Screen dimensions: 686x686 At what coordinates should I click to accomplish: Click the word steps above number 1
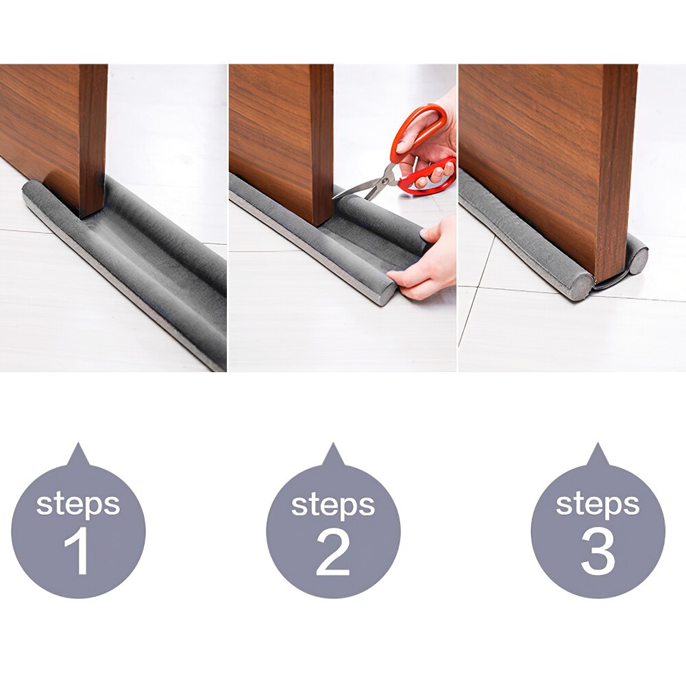(x=77, y=504)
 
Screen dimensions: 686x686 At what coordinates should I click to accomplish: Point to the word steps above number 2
(x=333, y=504)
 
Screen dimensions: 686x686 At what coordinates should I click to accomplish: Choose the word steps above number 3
(x=598, y=504)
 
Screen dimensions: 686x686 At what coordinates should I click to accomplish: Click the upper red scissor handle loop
(x=419, y=127)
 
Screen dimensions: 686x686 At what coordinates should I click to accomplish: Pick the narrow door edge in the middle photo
(x=321, y=144)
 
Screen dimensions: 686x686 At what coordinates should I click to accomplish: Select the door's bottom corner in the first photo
(x=92, y=212)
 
